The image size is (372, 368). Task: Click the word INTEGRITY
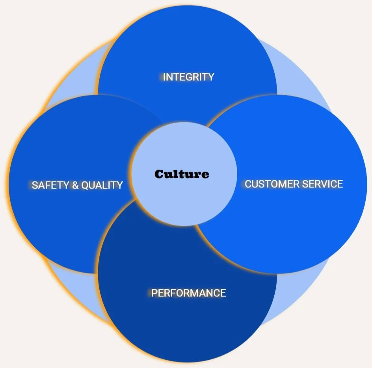pos(188,77)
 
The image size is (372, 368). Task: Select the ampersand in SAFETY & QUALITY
pos(75,185)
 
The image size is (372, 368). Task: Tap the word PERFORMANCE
pos(188,293)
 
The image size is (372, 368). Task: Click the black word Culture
pos(182,174)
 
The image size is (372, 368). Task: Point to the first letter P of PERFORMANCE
pos(154,293)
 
